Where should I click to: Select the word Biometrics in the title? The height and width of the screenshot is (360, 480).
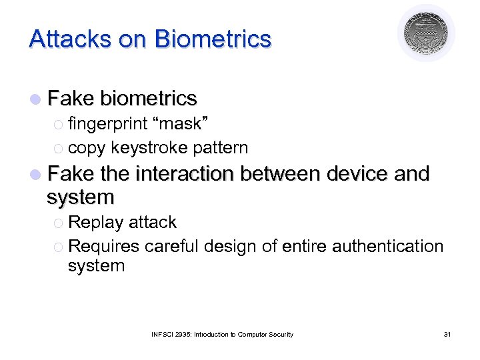[213, 39]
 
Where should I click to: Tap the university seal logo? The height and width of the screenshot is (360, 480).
[427, 33]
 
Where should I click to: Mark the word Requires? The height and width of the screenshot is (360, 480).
[104, 246]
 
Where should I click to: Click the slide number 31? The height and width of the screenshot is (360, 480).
[446, 334]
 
